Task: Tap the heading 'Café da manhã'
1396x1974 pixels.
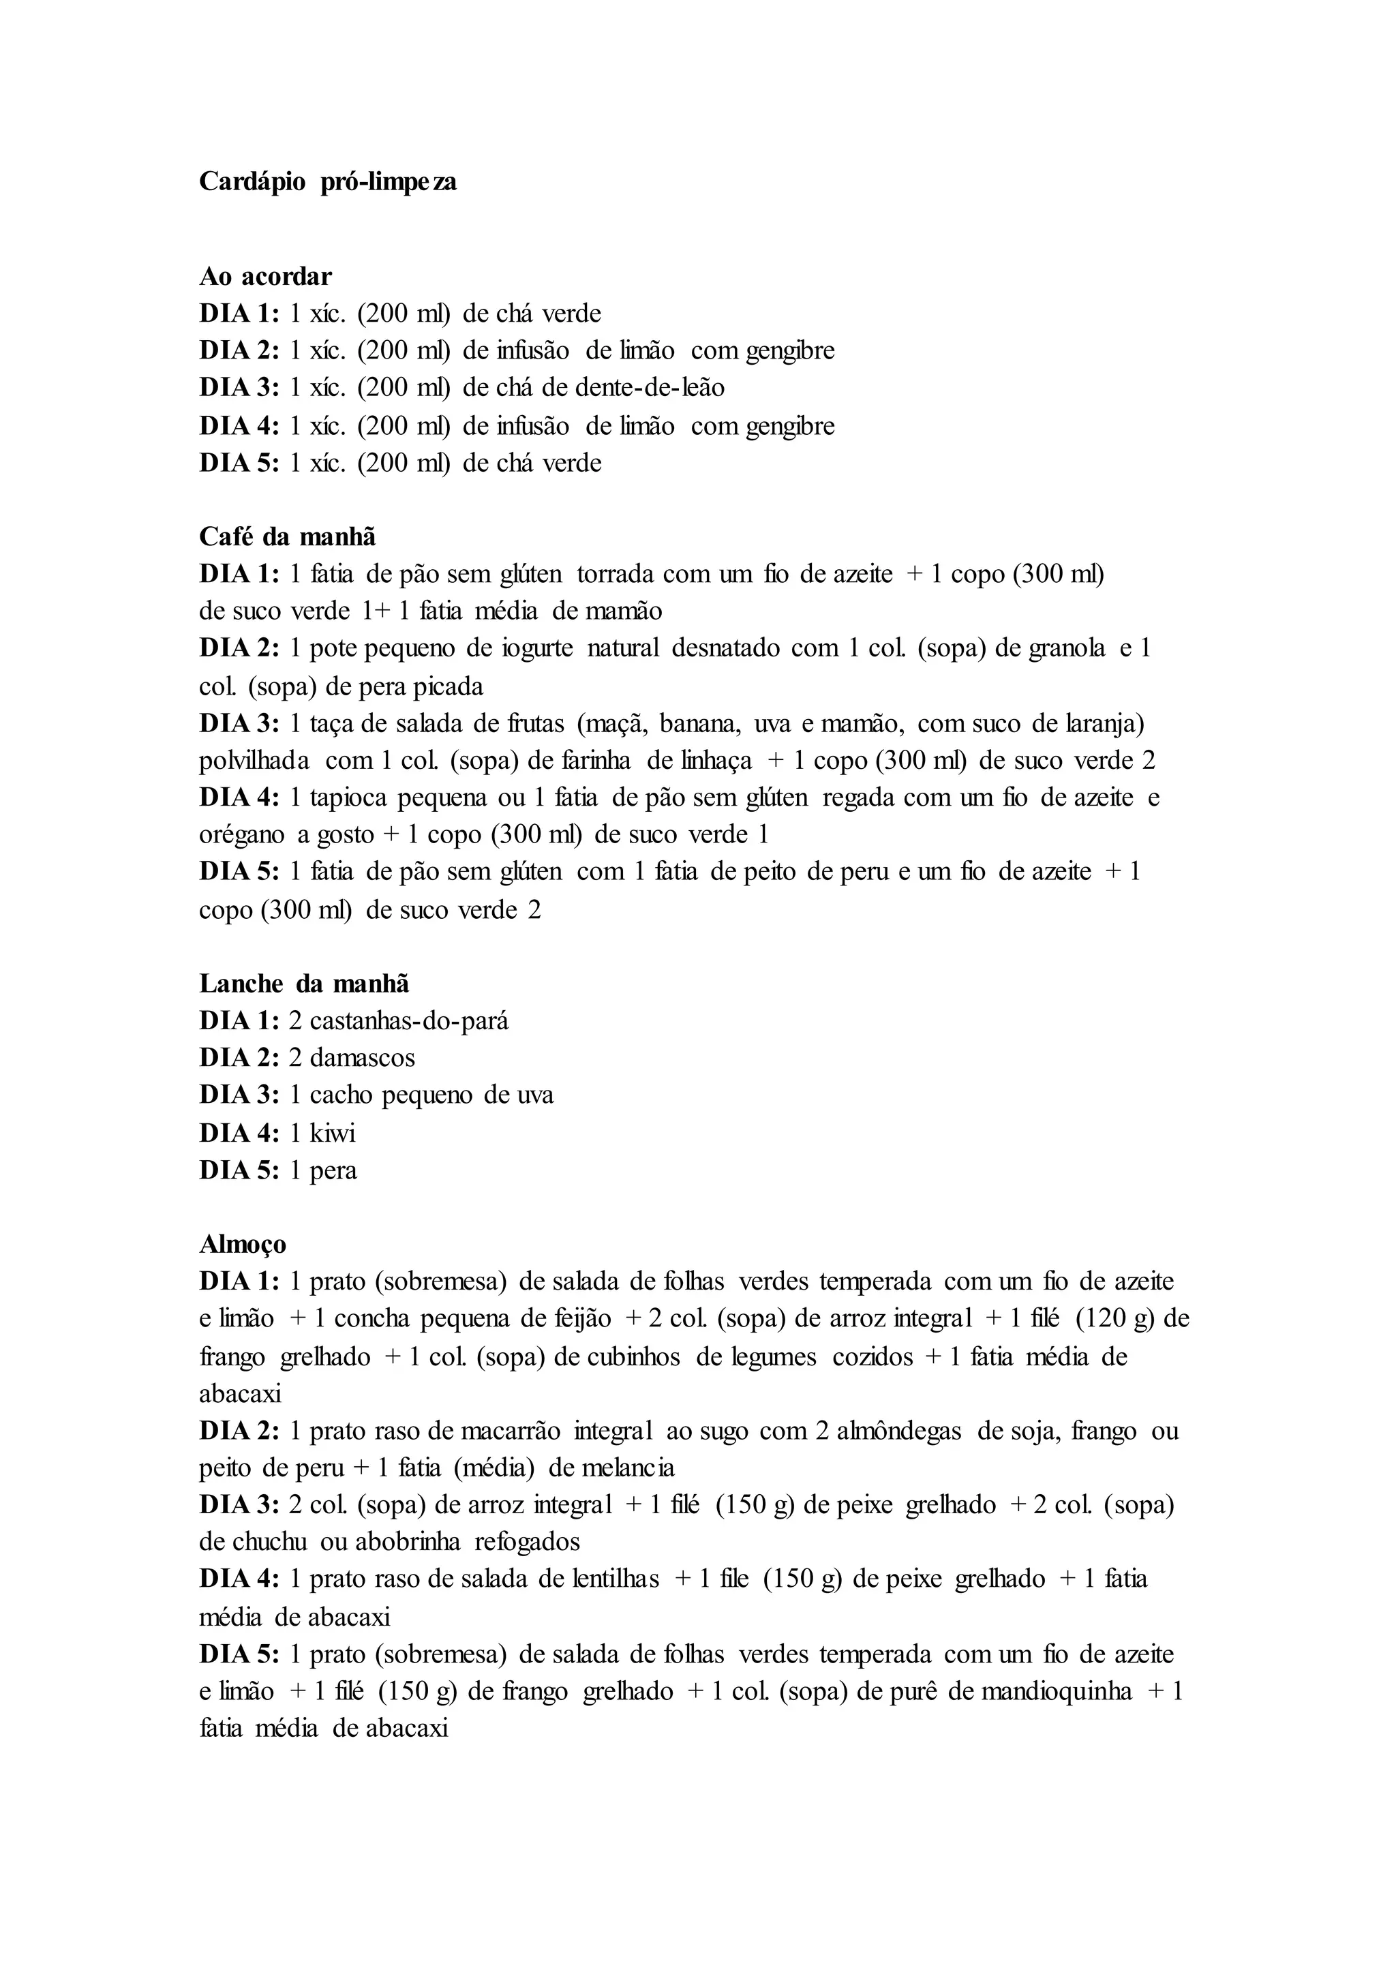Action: click(x=287, y=536)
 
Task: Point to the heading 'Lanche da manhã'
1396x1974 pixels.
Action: click(x=304, y=983)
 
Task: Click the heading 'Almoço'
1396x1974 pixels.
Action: click(x=243, y=1244)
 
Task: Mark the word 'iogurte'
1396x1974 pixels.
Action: click(x=536, y=648)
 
